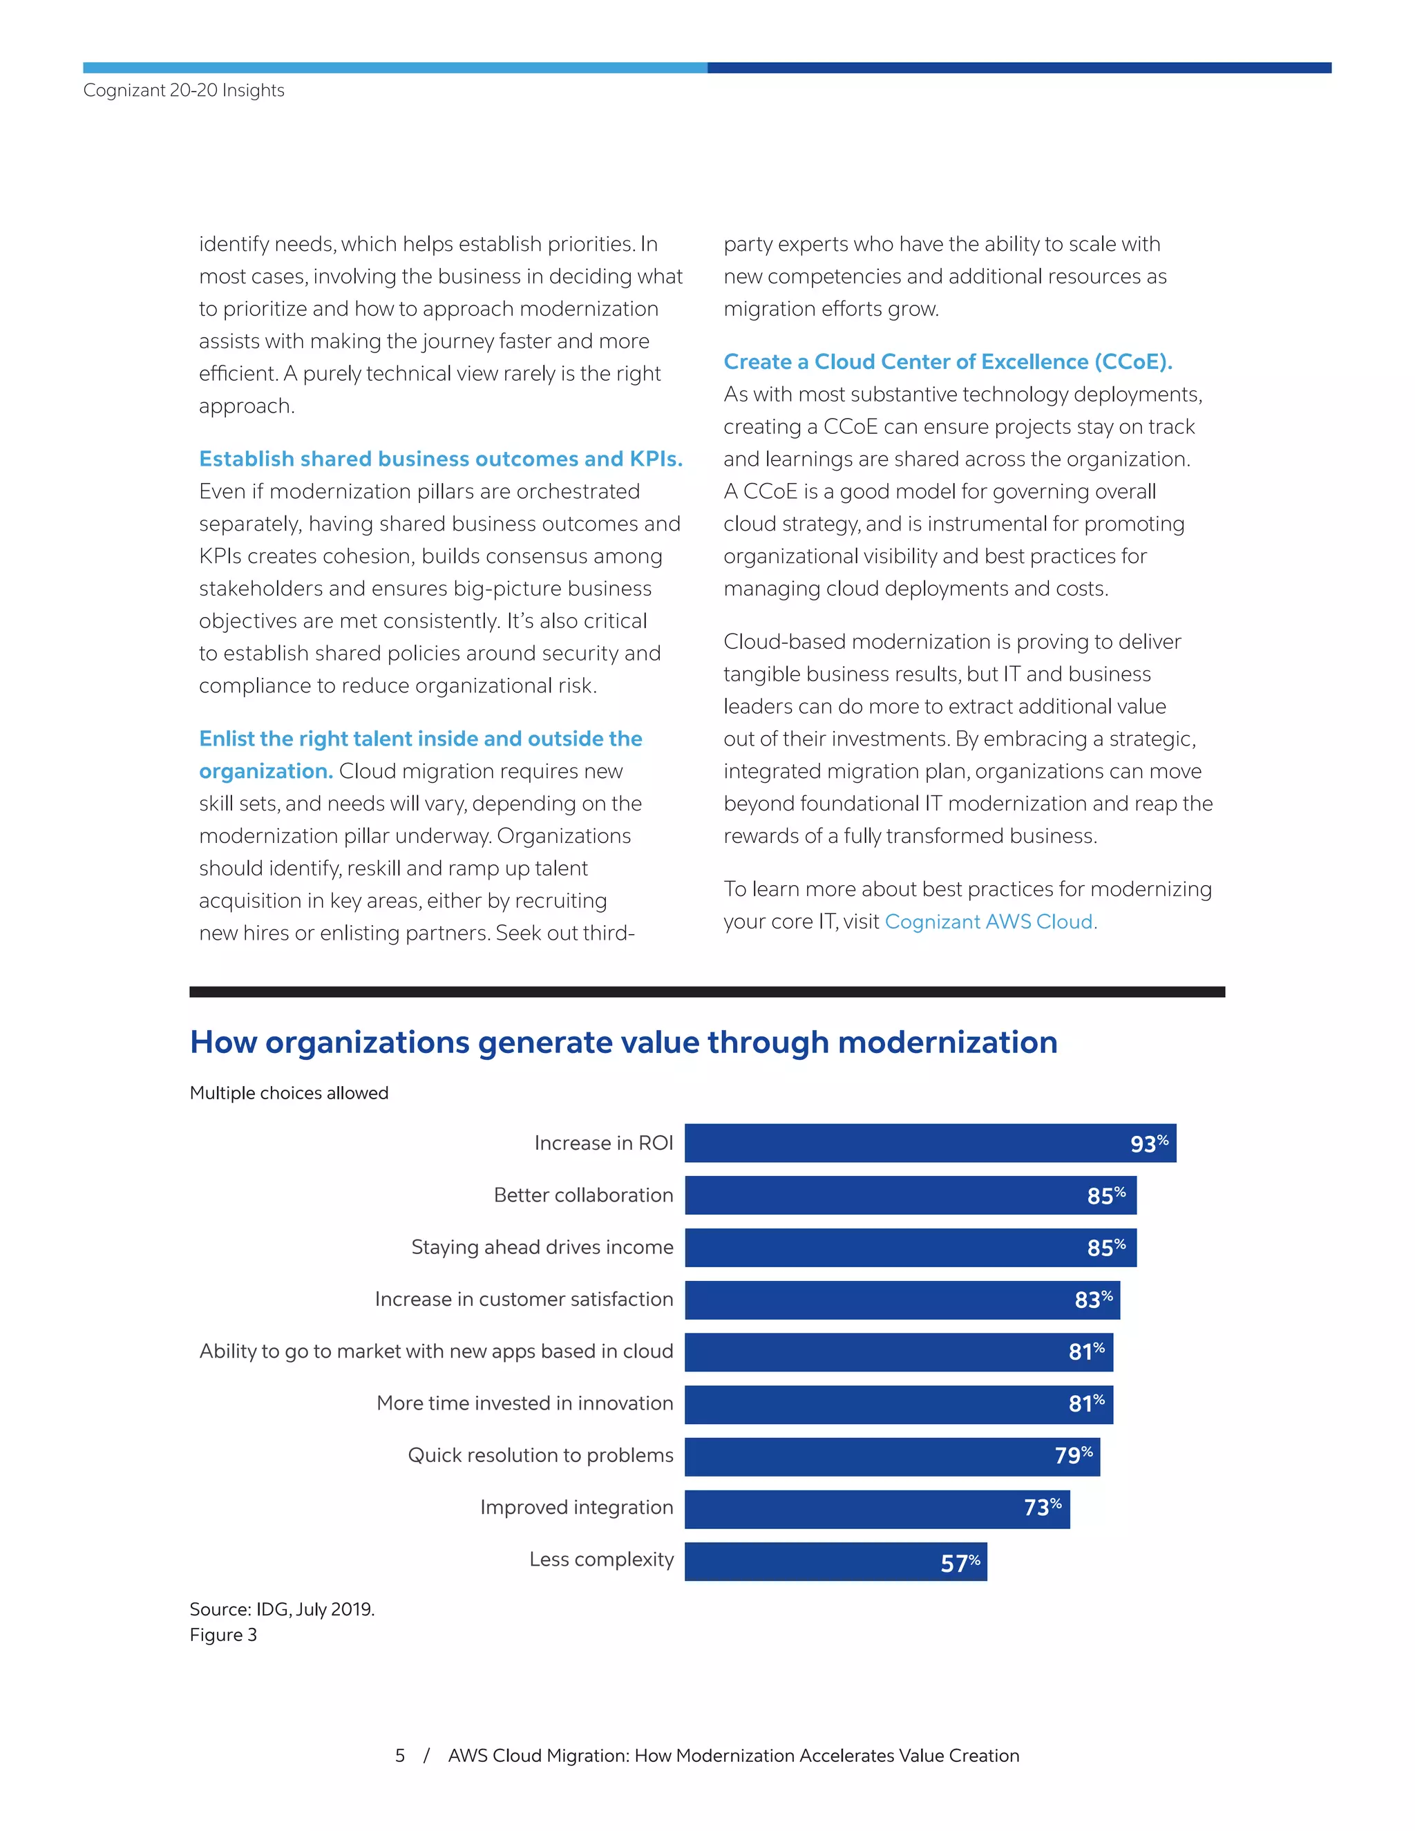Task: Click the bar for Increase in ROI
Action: coord(930,1143)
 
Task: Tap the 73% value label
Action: coord(1042,1508)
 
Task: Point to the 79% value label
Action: coord(1073,1455)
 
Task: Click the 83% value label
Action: coord(1093,1300)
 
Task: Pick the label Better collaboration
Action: coord(582,1195)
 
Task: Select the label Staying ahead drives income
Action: coord(542,1246)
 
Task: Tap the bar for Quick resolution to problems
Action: coord(892,1457)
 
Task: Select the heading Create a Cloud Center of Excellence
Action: coord(947,361)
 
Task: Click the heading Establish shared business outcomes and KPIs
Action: coord(440,459)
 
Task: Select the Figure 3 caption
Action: coord(223,1635)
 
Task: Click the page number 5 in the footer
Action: coord(400,1756)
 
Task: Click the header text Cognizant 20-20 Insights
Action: coord(184,90)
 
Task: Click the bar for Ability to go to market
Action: coord(899,1351)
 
